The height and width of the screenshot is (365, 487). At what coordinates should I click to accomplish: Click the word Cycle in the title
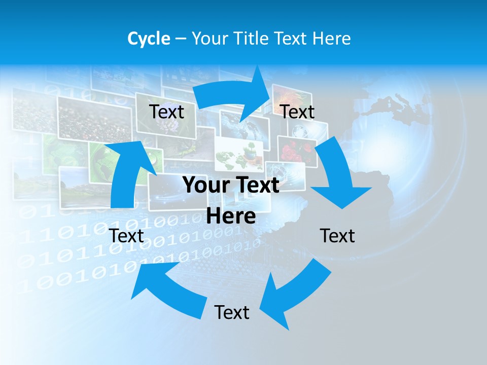point(149,39)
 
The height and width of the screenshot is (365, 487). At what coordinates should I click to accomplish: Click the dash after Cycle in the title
point(181,39)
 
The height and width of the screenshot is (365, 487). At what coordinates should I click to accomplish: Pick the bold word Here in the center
point(231,216)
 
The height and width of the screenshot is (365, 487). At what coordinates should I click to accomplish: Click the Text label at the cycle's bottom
point(232,313)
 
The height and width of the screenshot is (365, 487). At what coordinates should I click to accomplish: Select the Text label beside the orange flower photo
point(297,112)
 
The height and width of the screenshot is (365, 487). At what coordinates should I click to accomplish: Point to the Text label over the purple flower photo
point(166,112)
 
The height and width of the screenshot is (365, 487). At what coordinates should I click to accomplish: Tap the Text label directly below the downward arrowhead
point(337,236)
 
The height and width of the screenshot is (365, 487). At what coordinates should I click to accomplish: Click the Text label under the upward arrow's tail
point(127,236)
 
